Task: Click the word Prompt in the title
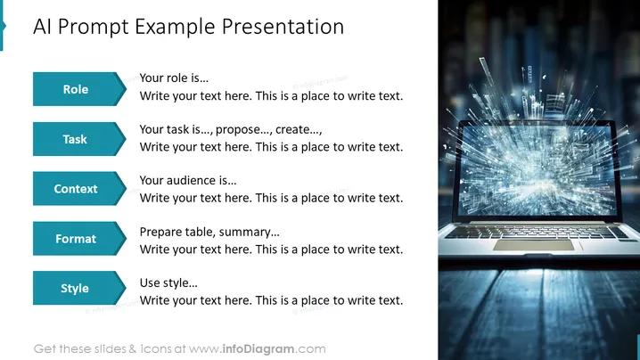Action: (x=93, y=28)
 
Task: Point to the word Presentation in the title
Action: (x=283, y=27)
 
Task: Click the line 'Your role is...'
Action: (x=174, y=78)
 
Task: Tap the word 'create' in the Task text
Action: (x=293, y=129)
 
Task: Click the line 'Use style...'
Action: (x=168, y=282)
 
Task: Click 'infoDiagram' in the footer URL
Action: (x=258, y=349)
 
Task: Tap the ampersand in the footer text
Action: (x=132, y=349)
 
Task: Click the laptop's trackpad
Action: (x=533, y=245)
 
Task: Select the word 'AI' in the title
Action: (x=43, y=27)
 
